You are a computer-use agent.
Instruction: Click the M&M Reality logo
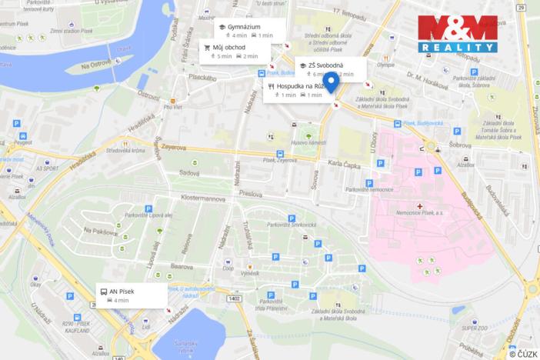[x=457, y=33]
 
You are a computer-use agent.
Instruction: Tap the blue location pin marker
[x=331, y=83]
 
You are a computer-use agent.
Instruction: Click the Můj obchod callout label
[x=234, y=52]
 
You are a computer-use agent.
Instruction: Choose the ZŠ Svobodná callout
[x=326, y=69]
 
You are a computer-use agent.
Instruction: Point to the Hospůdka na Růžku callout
[x=296, y=91]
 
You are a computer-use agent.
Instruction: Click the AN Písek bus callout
[x=131, y=295]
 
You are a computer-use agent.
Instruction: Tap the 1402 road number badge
[x=234, y=299]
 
